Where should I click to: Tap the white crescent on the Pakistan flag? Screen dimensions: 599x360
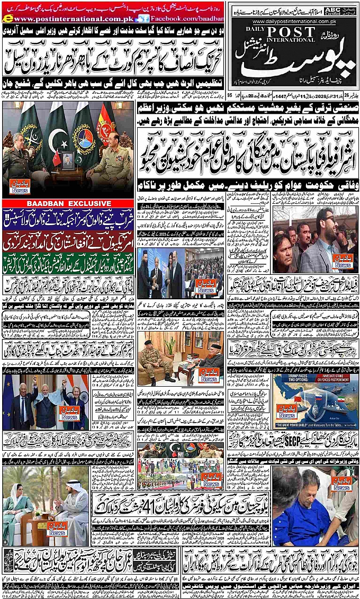coord(57,139)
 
